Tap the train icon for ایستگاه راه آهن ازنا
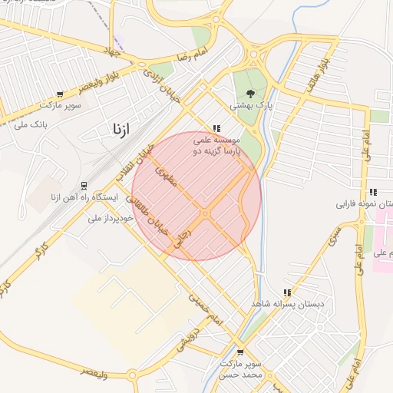(84, 186)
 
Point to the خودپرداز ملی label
(111, 217)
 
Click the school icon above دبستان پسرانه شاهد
(286, 292)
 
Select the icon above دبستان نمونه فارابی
(372, 192)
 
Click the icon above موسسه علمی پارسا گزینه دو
(217, 129)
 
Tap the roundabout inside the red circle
(205, 213)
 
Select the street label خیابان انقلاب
(131, 163)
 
